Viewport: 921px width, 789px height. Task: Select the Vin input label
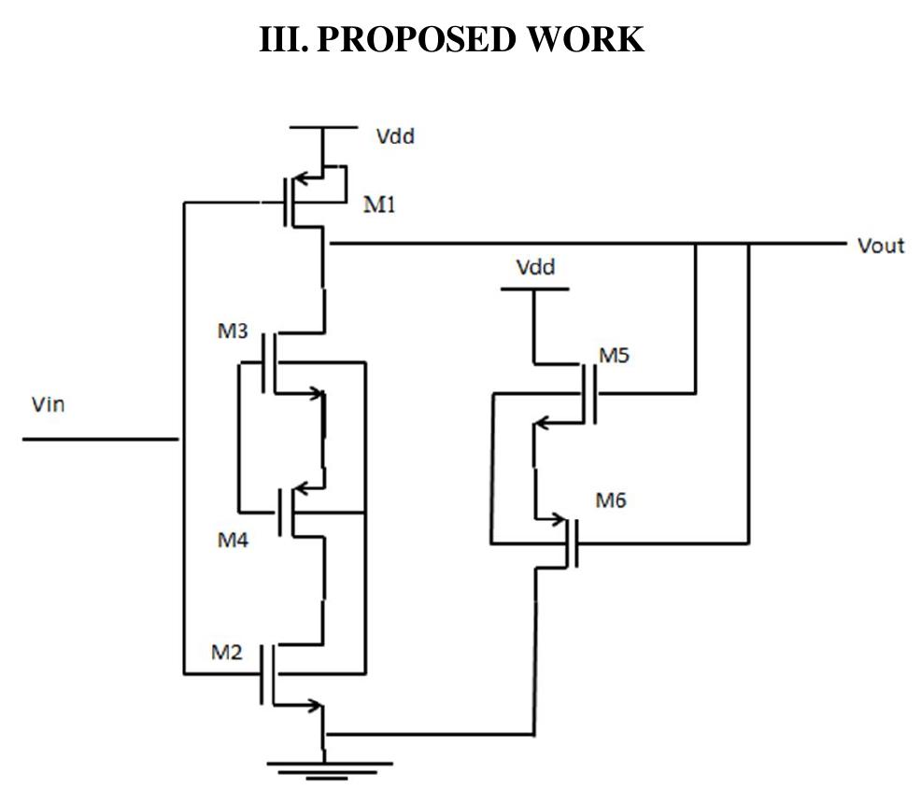[x=48, y=405]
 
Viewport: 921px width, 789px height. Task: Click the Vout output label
[x=880, y=246]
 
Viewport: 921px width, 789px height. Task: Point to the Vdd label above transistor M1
[x=394, y=136]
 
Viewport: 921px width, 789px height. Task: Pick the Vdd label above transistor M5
[x=535, y=268]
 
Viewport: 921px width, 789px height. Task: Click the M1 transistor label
[x=379, y=205]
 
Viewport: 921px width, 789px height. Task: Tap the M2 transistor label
[x=226, y=652]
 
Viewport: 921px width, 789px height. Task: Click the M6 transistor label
[x=612, y=500]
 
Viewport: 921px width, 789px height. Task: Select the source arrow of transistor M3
[x=312, y=393]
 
